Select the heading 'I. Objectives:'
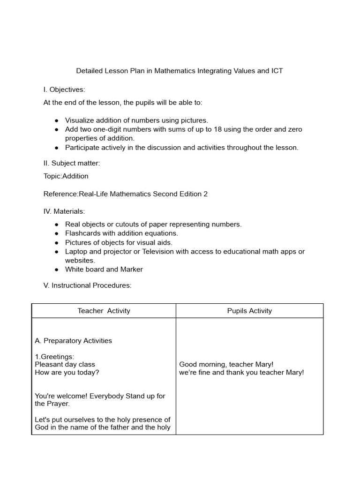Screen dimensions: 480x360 tap(64, 90)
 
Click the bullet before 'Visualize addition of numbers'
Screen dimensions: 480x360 tap(57, 120)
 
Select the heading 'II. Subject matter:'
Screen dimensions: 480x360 tap(72, 163)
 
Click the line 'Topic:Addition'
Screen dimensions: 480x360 tap(66, 176)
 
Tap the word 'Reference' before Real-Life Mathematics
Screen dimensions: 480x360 tap(60, 194)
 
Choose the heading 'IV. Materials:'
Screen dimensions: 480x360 tap(64, 211)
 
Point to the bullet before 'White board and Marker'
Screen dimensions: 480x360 tap(57, 270)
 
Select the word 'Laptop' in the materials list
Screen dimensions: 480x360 tap(76, 252)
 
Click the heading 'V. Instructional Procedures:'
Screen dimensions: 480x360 tap(87, 285)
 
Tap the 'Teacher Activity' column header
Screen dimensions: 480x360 tap(104, 311)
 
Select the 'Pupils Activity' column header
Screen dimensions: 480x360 tap(249, 311)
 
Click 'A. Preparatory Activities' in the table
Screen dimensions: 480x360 tap(73, 341)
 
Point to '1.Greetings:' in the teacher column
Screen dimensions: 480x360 tap(54, 357)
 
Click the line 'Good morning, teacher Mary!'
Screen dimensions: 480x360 tap(226, 365)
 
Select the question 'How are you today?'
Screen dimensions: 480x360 tap(67, 373)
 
